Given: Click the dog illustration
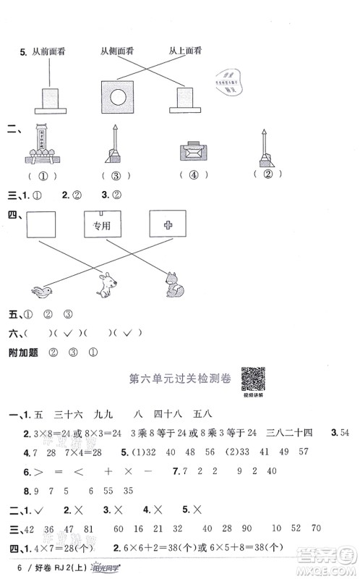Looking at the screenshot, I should tap(106, 284).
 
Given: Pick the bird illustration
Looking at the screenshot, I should tap(39, 291).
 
